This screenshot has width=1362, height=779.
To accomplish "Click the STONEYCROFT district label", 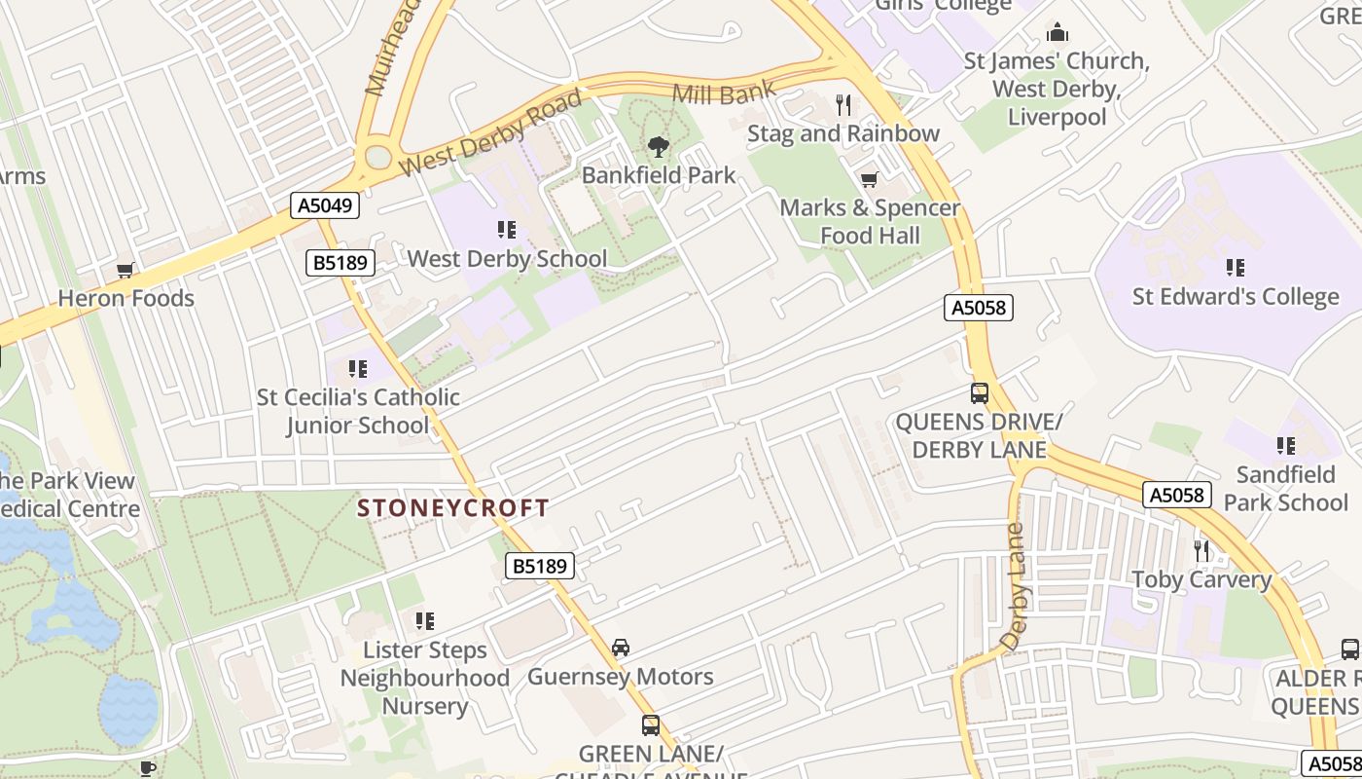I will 453,508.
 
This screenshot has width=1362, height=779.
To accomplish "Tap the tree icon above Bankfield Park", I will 659,148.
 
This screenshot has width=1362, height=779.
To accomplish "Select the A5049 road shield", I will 325,205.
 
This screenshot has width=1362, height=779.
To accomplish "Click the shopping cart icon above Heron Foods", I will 125,271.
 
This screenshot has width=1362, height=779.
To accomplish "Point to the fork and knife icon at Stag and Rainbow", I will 843,105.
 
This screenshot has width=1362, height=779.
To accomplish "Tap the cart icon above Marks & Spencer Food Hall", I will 869,180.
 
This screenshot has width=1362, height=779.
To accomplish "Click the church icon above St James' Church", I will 1057,33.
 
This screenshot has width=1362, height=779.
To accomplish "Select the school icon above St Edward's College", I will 1236,268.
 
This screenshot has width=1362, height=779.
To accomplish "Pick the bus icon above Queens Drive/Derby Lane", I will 980,394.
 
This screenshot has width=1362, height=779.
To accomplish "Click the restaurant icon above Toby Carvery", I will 1201,551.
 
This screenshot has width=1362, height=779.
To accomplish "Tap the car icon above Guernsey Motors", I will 621,648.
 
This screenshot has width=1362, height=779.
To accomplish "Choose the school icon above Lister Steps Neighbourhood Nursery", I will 424,621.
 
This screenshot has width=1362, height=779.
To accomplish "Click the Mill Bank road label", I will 725,93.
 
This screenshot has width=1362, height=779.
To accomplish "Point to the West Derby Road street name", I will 491,134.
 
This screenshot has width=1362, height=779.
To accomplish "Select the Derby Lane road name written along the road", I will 1014,588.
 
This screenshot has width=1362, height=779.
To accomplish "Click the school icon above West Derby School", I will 506,230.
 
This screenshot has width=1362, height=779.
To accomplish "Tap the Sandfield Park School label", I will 1285,489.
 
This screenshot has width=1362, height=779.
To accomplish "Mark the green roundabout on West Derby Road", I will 377,157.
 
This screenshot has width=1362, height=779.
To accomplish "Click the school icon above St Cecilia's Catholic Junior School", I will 358,369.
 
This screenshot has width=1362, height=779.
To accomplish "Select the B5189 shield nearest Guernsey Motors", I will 540,566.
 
